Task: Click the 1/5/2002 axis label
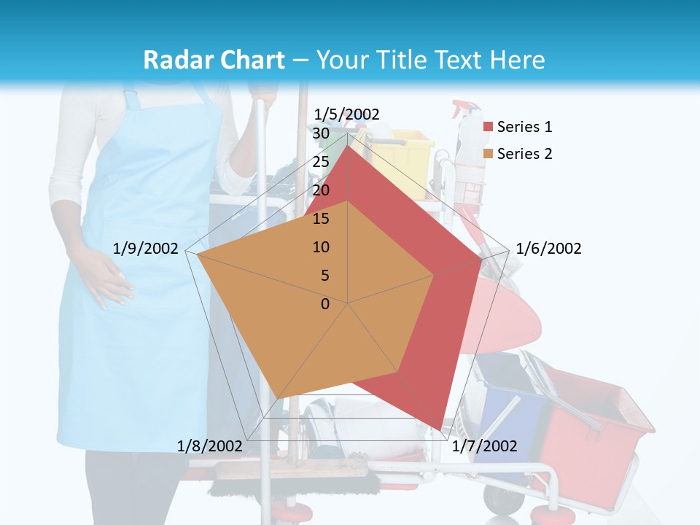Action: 347,114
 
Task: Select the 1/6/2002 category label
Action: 548,249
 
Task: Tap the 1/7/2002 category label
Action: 484,446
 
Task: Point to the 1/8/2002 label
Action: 209,446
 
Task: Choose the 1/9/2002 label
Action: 146,249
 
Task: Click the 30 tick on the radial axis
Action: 321,134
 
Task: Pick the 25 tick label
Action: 321,162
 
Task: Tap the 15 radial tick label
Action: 321,219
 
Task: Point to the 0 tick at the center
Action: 325,304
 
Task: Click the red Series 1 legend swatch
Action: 488,128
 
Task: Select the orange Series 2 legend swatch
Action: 488,154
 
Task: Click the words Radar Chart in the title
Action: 214,60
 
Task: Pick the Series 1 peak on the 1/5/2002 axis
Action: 348,146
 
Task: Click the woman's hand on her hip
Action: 109,281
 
